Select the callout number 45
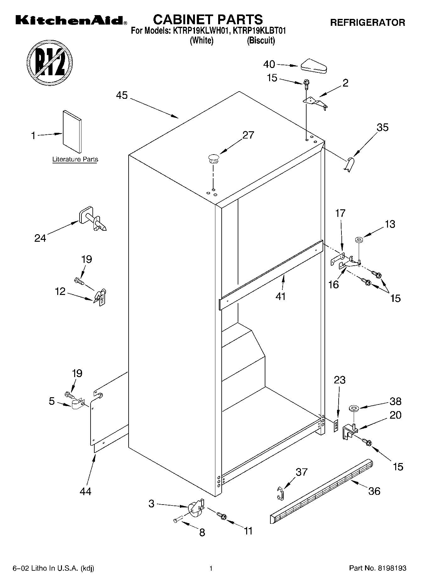122,95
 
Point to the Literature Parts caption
75,159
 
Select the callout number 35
382,127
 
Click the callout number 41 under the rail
281,296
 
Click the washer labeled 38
354,409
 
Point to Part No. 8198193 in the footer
378,568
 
